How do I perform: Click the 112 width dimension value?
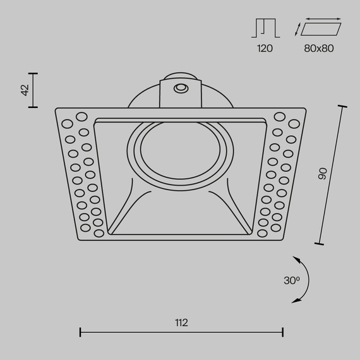(181, 322)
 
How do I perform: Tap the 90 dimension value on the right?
(322, 174)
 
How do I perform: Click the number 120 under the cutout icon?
(265, 48)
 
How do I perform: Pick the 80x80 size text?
(320, 48)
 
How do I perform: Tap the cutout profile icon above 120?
(265, 28)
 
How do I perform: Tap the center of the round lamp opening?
(181, 152)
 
